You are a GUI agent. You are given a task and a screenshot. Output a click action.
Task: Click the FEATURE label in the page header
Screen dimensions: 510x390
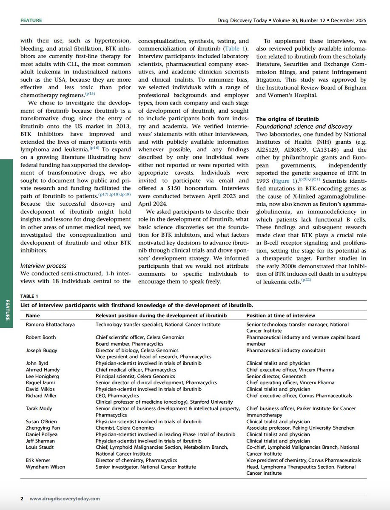tap(31, 20)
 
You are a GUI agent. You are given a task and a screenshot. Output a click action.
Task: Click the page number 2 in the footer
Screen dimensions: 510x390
tap(22, 499)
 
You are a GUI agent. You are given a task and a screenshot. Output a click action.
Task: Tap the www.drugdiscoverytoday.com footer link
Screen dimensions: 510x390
tap(65, 499)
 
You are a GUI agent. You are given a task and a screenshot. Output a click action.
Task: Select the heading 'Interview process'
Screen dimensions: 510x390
tap(43, 266)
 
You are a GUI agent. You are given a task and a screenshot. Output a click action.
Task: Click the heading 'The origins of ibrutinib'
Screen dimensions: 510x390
tap(287, 119)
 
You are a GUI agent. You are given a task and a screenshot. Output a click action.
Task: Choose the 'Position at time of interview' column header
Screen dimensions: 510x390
tap(281, 315)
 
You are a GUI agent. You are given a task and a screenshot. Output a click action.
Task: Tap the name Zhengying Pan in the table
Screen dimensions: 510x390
tap(43, 428)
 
